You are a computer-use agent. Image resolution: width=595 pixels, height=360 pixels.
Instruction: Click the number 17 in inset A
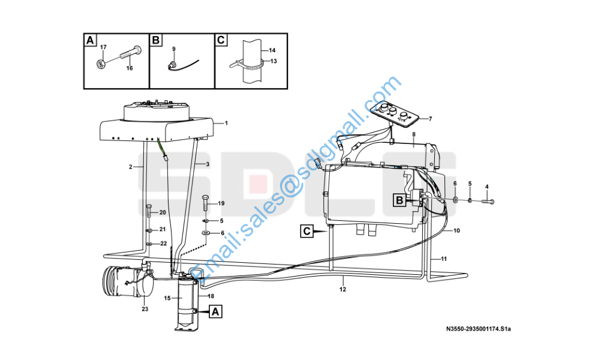103,47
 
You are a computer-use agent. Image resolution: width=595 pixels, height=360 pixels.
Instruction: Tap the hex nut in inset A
100,64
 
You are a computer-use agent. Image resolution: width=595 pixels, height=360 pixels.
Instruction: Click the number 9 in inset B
174,49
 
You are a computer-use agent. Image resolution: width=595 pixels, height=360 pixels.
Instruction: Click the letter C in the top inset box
221,40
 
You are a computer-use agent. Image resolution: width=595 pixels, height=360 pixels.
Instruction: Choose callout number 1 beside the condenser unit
226,123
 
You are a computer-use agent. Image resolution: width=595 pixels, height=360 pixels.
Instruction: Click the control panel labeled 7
395,114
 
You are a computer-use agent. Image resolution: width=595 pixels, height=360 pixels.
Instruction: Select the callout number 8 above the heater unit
414,134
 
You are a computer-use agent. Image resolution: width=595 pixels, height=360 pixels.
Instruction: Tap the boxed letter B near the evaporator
399,200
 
